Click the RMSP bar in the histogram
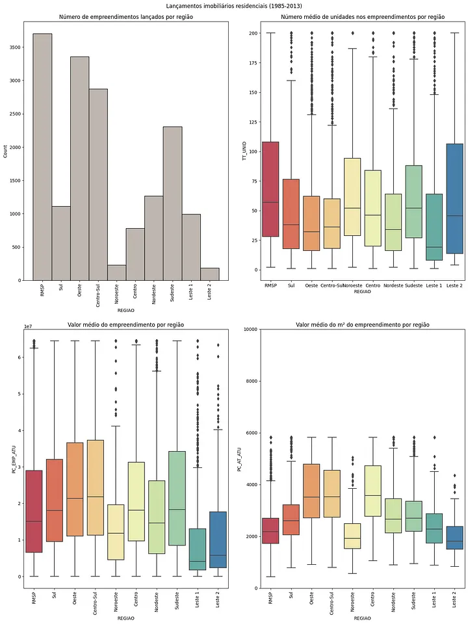[42, 157]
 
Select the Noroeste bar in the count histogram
[116, 272]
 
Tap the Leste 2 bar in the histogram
[210, 274]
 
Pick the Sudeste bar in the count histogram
[173, 203]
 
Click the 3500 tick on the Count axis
[16, 47]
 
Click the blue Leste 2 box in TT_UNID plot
[454, 199]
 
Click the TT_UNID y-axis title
[244, 151]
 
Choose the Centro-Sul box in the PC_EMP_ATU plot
[95, 487]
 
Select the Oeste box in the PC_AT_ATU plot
[311, 491]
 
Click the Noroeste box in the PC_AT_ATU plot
[352, 536]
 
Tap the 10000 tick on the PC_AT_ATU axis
[251, 329]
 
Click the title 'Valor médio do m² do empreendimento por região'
[363, 325]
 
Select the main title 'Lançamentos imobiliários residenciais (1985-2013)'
[234, 6]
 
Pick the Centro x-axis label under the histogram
[135, 294]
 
